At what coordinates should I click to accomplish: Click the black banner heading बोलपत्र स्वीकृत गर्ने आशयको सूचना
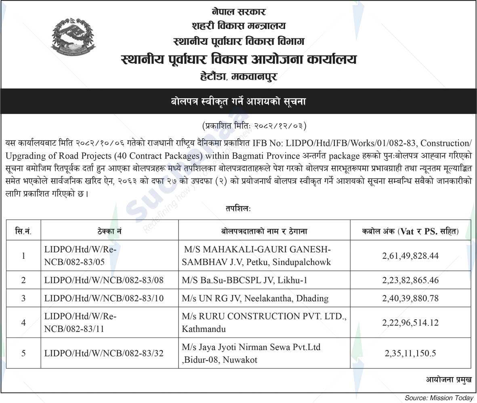238,101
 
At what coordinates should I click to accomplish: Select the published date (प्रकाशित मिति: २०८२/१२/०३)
254,126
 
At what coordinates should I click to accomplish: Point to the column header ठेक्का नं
109,231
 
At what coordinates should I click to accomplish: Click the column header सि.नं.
23,231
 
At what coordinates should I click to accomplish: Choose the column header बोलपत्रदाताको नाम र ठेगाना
264,231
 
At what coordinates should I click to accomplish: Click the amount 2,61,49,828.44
410,256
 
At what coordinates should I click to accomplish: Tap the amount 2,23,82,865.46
410,280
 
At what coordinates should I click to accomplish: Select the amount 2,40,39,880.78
410,298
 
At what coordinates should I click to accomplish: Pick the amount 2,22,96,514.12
410,323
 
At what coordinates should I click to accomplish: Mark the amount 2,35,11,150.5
410,353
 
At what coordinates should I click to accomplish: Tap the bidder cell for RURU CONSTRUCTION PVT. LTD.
264,323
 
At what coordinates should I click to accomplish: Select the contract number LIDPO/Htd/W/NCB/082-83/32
104,353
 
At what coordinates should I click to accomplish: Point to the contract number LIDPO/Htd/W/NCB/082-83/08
104,280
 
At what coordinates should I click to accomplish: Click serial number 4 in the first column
23,323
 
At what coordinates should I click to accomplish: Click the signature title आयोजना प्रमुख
448,379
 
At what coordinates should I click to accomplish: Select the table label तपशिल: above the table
238,209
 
